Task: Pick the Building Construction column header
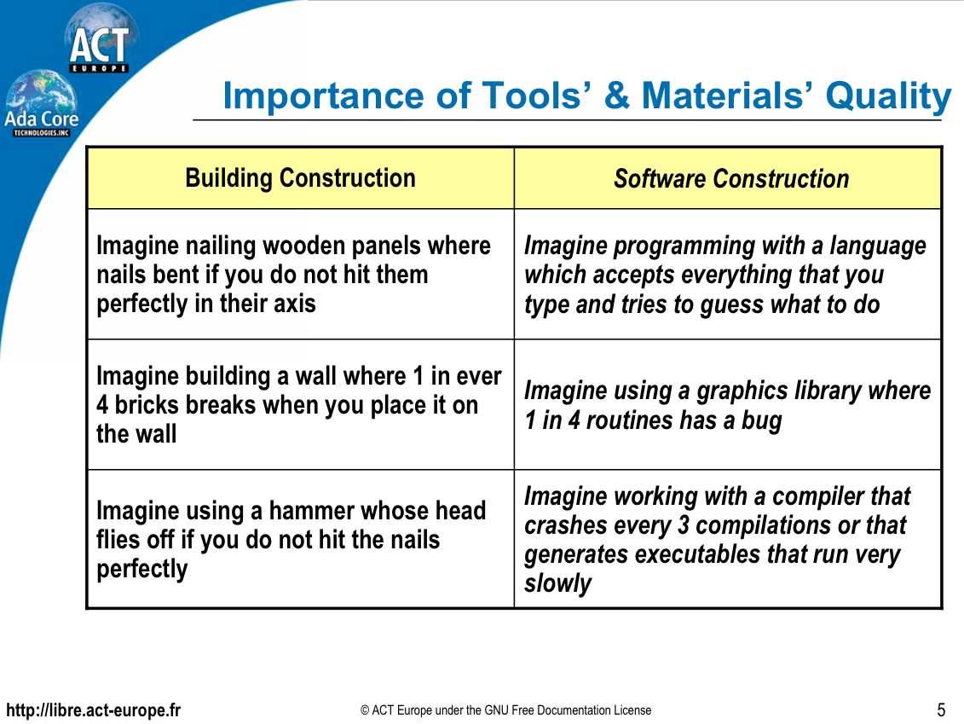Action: pos(300,178)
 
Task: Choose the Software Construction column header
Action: pos(730,179)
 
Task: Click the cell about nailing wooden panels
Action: pos(293,275)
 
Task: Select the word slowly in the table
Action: pos(557,583)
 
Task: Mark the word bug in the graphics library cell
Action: pos(760,420)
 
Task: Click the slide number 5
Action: pos(941,710)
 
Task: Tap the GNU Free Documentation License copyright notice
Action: pos(505,710)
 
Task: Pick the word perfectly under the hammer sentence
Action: pos(141,569)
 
